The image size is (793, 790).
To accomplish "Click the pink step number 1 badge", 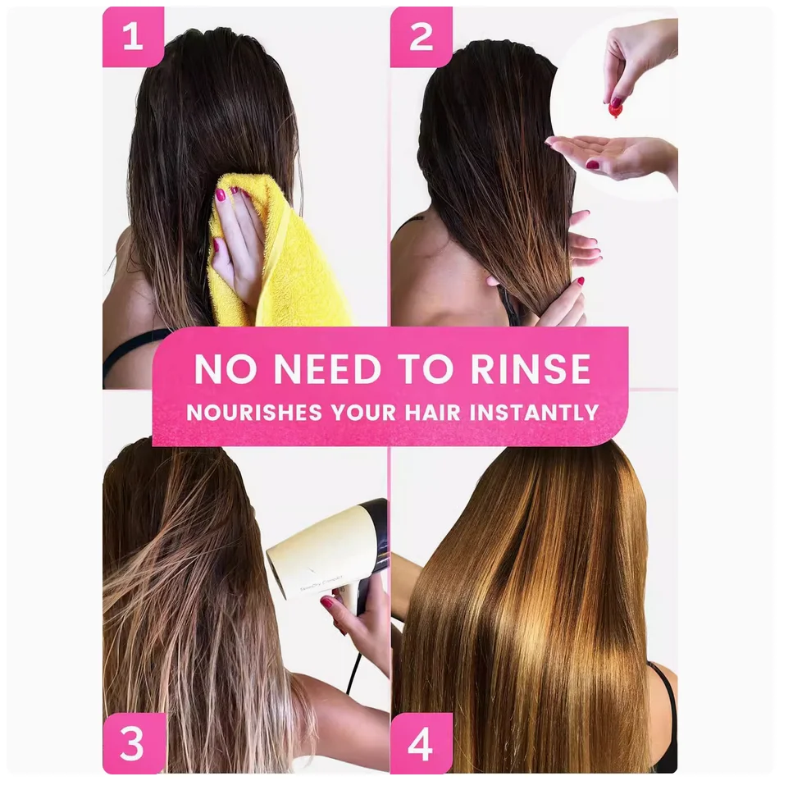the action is (x=133, y=37).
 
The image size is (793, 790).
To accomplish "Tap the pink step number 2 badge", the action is (x=422, y=37).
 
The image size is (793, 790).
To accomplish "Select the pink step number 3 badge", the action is (x=134, y=743).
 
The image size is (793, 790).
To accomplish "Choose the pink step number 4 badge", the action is (x=422, y=743).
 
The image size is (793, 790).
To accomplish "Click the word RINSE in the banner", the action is (x=531, y=369).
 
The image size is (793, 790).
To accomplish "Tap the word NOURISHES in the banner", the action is (x=254, y=412).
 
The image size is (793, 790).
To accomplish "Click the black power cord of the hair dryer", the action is (x=355, y=673).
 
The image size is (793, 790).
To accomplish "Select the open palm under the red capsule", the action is (x=613, y=154).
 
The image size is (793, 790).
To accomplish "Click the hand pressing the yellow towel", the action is (x=238, y=238).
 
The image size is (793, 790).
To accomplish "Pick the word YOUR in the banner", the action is (x=363, y=412).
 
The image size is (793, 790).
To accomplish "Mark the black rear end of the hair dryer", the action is (x=373, y=518).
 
